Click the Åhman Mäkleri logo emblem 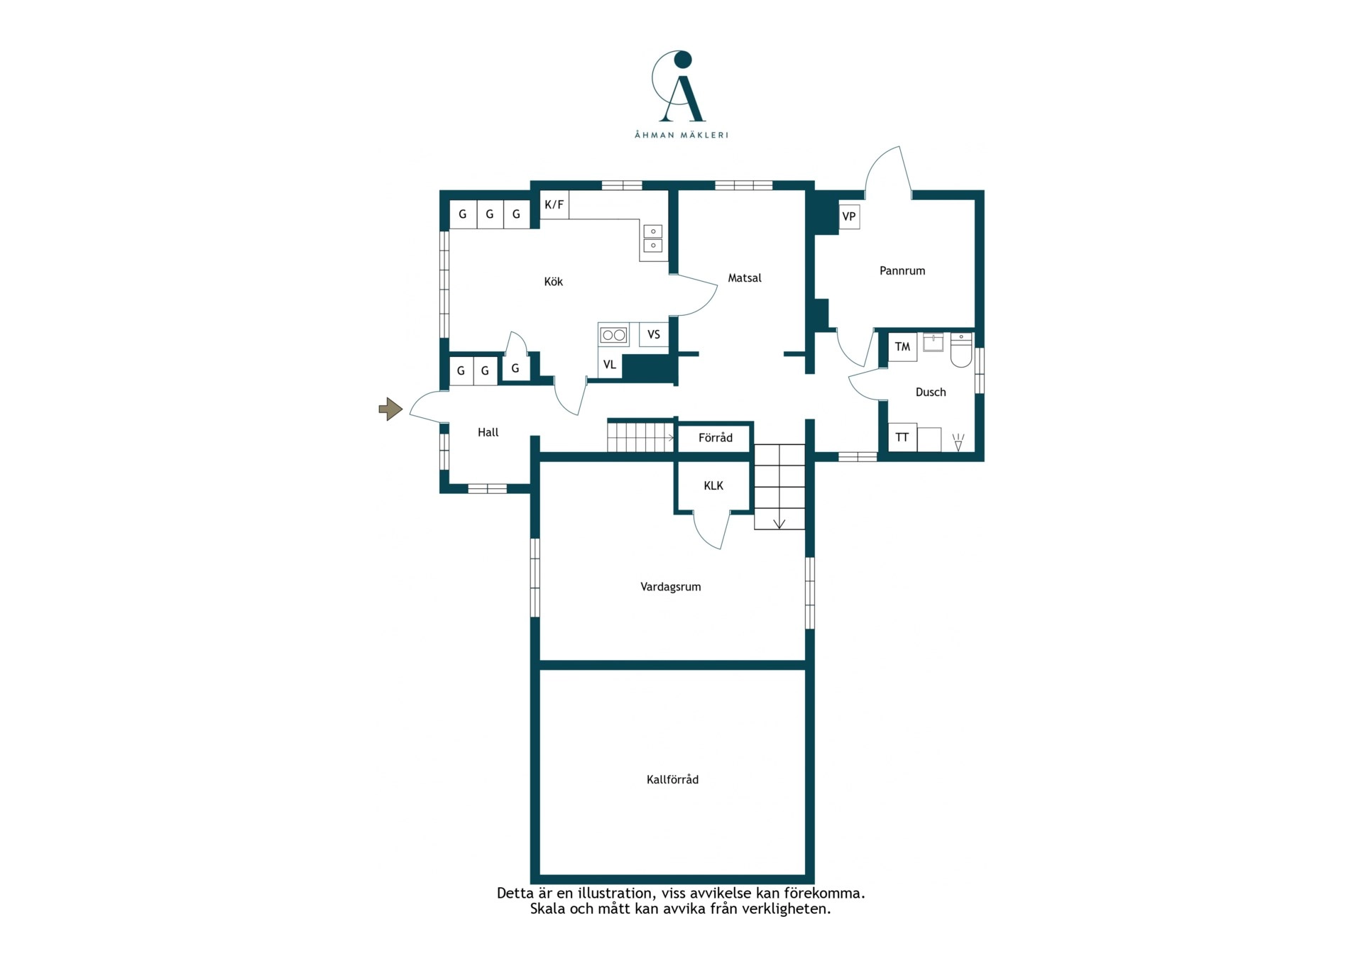point(679,87)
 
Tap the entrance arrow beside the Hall point(390,409)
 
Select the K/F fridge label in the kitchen point(554,205)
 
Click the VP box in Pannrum point(849,216)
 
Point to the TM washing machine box point(902,347)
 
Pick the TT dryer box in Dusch point(902,437)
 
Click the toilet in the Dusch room point(961,349)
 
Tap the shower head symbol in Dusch point(958,443)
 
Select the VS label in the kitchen point(654,334)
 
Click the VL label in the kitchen point(610,365)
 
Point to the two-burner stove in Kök point(613,334)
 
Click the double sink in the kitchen point(653,238)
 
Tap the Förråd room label point(716,437)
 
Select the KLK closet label point(713,485)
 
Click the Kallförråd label point(672,779)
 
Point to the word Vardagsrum point(671,587)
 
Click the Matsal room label point(745,278)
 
